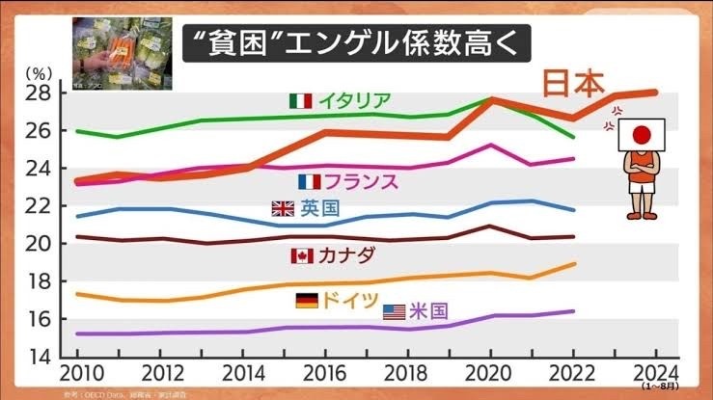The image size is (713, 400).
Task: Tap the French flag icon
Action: pos(310,181)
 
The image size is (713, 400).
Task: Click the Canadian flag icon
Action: pos(302,255)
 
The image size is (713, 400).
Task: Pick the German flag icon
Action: pos(307,301)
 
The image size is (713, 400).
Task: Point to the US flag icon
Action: pos(395,311)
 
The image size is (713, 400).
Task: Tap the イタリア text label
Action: pos(353,100)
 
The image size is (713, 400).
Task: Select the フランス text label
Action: pos(361,181)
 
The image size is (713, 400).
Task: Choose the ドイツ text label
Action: pos(350,301)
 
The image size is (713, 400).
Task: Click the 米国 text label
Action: pos(428,311)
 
